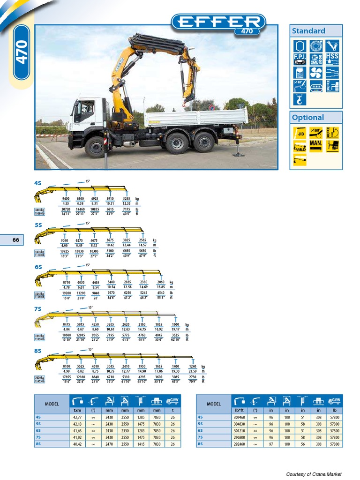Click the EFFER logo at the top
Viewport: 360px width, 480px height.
click(x=218, y=22)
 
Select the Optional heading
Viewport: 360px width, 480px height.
click(x=307, y=117)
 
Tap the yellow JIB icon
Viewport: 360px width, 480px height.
click(x=300, y=132)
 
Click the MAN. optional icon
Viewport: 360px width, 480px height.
click(x=316, y=146)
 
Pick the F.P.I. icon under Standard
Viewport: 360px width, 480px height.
click(x=300, y=59)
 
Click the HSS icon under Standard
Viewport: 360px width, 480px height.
click(x=332, y=59)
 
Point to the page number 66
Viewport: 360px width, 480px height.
click(x=16, y=240)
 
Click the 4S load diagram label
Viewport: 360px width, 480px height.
click(x=38, y=183)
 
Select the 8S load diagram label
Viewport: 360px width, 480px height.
click(x=38, y=351)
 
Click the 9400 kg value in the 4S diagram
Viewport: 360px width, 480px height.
click(x=66, y=199)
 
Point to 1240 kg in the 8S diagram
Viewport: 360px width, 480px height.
click(x=193, y=367)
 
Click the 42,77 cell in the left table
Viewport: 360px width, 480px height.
click(x=77, y=417)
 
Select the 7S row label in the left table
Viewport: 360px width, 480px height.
click(x=38, y=437)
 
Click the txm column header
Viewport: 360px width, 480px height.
click(x=77, y=410)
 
